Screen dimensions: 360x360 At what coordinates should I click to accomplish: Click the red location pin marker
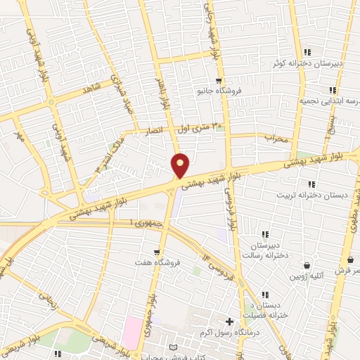point(181,165)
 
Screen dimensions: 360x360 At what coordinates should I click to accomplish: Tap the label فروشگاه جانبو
point(219,91)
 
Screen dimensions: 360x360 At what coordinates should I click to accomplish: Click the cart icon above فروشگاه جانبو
point(219,80)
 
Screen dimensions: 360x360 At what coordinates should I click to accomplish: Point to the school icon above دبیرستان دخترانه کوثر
point(307,52)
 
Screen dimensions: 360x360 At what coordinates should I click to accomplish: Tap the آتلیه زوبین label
point(307,276)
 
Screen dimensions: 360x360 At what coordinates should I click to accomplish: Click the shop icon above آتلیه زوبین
point(307,265)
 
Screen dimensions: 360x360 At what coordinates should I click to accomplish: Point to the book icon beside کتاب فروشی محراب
point(174,347)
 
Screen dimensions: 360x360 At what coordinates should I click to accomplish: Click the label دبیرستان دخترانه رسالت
point(266,250)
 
